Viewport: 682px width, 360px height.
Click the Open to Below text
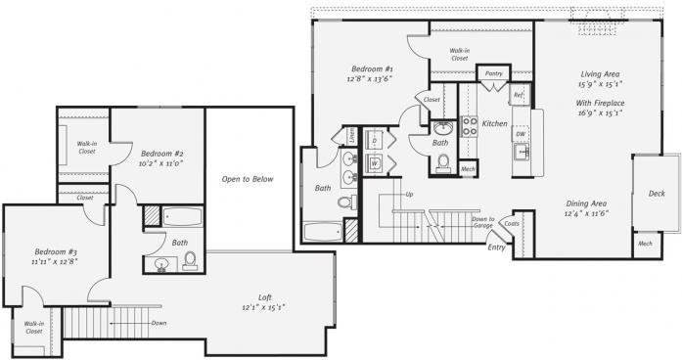(247, 179)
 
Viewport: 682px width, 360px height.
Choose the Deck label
(657, 194)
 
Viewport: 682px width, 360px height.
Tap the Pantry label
(493, 72)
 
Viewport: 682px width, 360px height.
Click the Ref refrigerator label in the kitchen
(519, 95)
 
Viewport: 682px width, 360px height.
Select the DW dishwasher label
(522, 134)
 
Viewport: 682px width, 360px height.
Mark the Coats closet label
(512, 224)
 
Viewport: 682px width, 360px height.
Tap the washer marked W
(375, 162)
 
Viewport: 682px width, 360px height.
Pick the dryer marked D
(375, 140)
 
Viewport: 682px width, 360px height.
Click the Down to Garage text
(482, 222)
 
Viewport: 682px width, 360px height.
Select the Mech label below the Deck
(646, 243)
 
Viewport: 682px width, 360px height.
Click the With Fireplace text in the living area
(600, 102)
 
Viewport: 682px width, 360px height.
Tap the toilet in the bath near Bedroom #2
(190, 260)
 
